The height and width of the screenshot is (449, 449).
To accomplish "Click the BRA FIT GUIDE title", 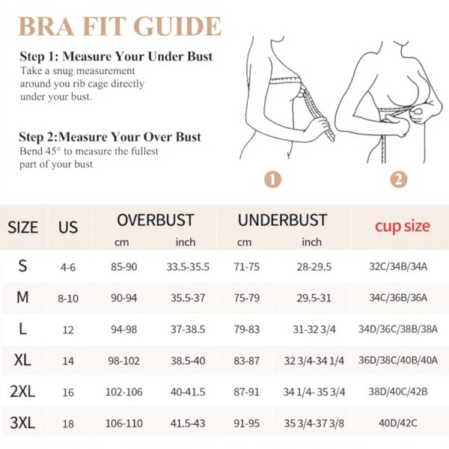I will tap(120, 26).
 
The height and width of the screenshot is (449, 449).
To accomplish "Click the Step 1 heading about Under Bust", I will tap(116, 57).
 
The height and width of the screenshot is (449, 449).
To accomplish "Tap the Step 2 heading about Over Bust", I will tap(110, 137).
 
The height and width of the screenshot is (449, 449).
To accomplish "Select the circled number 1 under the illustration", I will tap(273, 180).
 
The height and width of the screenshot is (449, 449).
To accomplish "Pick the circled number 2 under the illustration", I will tap(399, 180).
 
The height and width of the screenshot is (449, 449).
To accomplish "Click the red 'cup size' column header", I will tap(402, 226).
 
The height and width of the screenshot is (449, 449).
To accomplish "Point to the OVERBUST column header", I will tap(155, 221).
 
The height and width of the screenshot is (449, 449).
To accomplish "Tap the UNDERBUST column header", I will tap(282, 221).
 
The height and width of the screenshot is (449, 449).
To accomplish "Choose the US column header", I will tap(68, 227).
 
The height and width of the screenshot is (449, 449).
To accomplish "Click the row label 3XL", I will tap(22, 424).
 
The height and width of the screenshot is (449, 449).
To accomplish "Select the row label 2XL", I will tap(22, 392).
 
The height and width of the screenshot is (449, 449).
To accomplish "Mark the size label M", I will tap(22, 298).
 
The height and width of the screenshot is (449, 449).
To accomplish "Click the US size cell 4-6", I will tap(68, 266).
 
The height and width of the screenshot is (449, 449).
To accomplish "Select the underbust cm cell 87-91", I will tap(246, 392).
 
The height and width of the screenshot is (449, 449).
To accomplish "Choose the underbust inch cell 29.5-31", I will tap(312, 298).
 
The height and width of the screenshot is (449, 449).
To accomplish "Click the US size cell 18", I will tap(68, 424).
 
